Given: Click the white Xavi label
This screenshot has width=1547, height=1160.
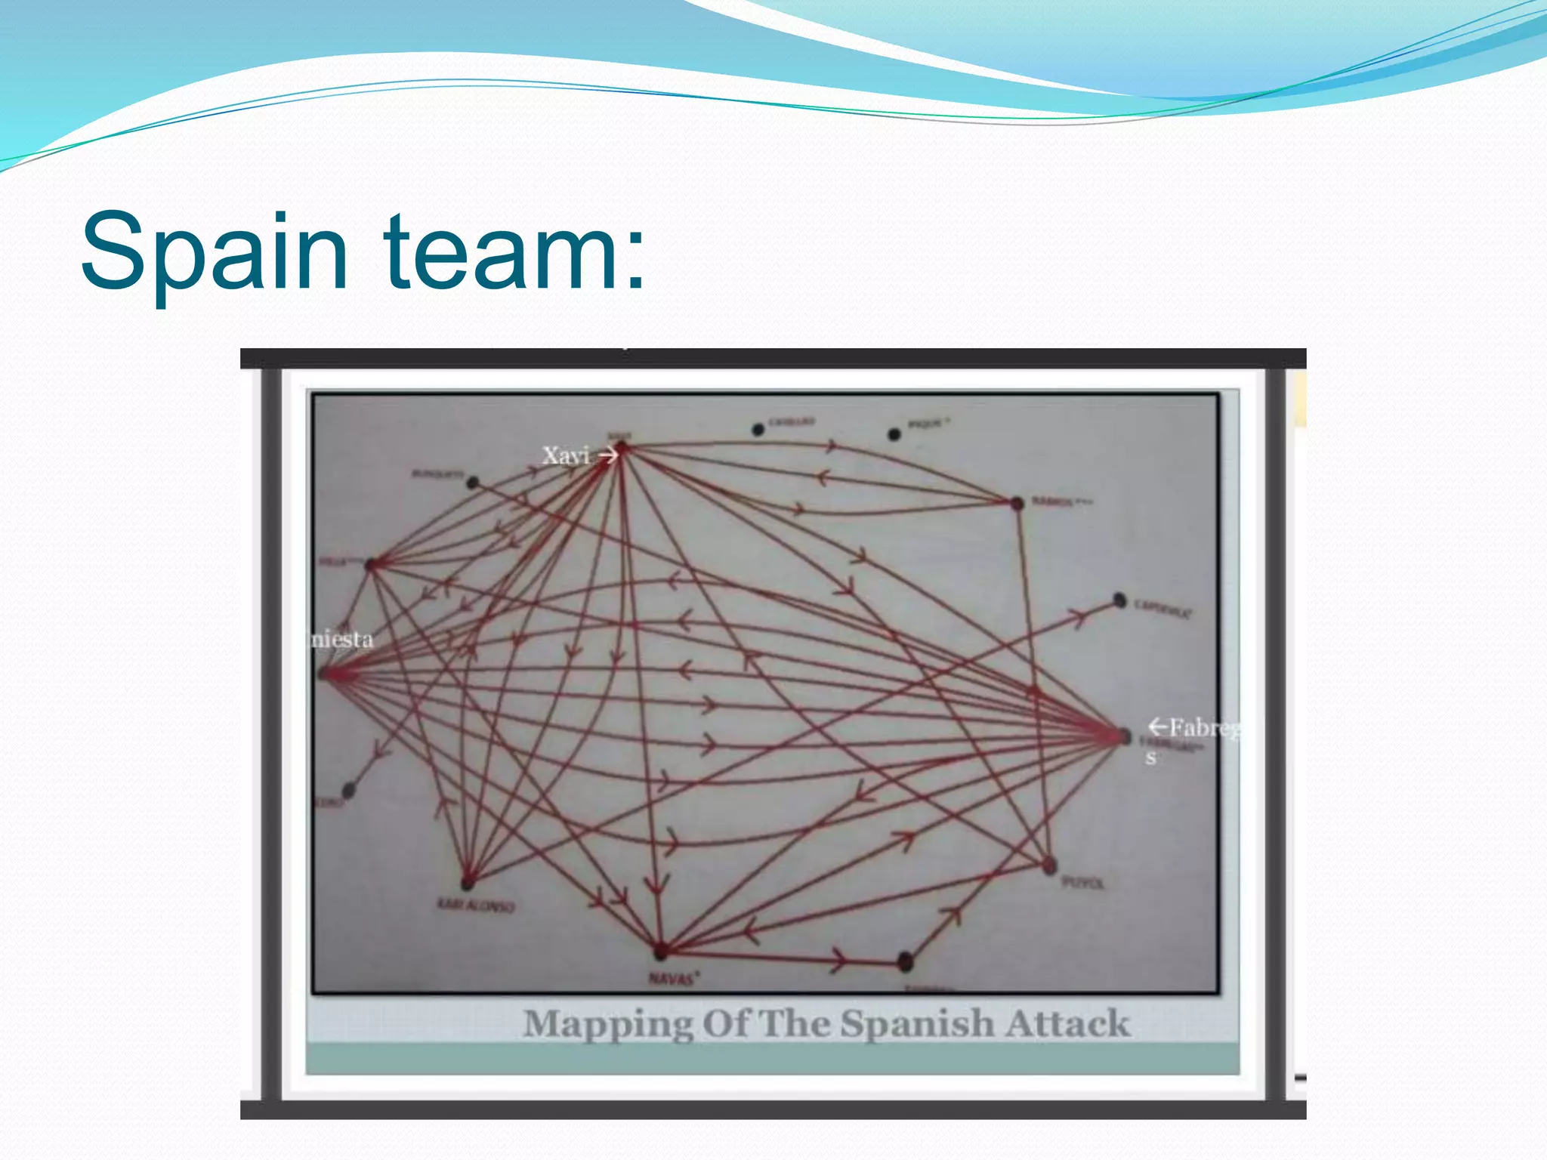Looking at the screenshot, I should (x=565, y=455).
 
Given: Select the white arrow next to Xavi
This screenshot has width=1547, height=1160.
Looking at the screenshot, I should (x=608, y=455).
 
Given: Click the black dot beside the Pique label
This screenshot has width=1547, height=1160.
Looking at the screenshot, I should (x=894, y=434).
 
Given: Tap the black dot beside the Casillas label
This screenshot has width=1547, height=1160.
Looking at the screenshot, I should (x=758, y=430).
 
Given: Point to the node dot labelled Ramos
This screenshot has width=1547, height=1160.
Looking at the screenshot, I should (x=1017, y=503).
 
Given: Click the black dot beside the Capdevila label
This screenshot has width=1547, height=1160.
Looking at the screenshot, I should (x=1119, y=600).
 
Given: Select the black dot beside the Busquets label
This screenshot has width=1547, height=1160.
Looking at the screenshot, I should (x=473, y=483).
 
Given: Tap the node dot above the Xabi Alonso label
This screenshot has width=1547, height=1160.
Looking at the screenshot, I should (x=468, y=881).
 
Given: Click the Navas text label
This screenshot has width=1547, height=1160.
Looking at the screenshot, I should (x=673, y=979).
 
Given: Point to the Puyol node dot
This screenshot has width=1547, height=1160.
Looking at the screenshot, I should (x=1049, y=866).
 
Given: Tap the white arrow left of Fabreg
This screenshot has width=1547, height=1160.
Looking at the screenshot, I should (x=1157, y=727).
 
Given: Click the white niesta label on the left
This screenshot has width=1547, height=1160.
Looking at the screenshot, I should (x=343, y=640).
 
